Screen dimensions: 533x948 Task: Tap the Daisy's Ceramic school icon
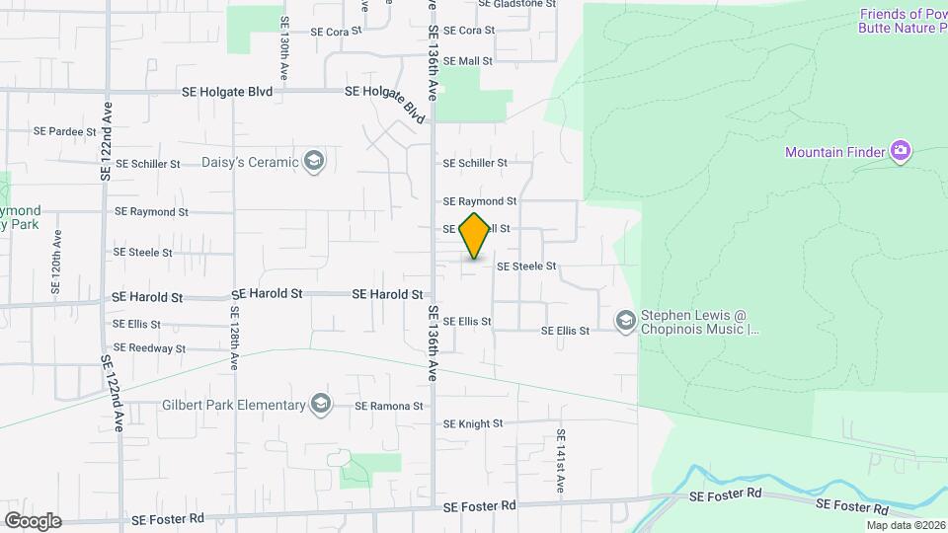[314, 162]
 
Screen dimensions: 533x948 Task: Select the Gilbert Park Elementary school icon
[320, 405]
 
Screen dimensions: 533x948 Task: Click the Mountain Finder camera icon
[900, 152]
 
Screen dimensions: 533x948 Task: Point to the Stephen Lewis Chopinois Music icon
[625, 321]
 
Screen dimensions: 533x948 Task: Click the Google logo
[33, 520]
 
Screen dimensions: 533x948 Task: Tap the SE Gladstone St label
[517, 4]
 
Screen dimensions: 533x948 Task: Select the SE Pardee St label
[65, 130]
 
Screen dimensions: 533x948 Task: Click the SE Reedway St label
[151, 347]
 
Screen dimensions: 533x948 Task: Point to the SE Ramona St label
[389, 406]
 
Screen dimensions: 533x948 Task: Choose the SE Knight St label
[473, 423]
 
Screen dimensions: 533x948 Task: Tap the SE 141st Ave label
[560, 460]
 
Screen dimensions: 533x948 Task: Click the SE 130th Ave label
[285, 39]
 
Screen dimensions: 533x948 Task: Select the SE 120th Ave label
[57, 264]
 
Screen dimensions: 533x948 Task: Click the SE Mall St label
[468, 61]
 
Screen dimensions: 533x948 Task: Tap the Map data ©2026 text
[905, 524]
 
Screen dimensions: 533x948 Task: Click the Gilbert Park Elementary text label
[234, 406]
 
